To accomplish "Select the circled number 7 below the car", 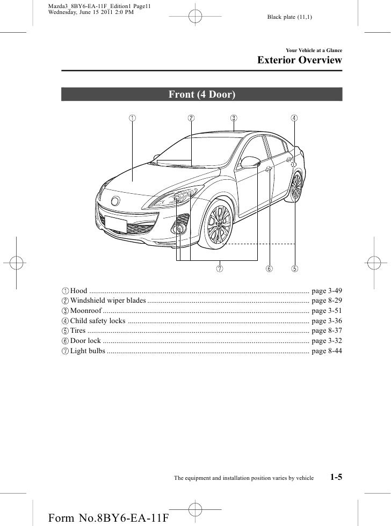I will (220, 268).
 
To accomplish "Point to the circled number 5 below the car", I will (295, 268).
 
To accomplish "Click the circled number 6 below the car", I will (269, 268).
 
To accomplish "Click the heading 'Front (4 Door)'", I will (202, 95).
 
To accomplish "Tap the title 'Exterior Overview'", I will (300, 60).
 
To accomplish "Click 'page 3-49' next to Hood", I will (327, 290).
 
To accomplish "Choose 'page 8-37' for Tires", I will (327, 331).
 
